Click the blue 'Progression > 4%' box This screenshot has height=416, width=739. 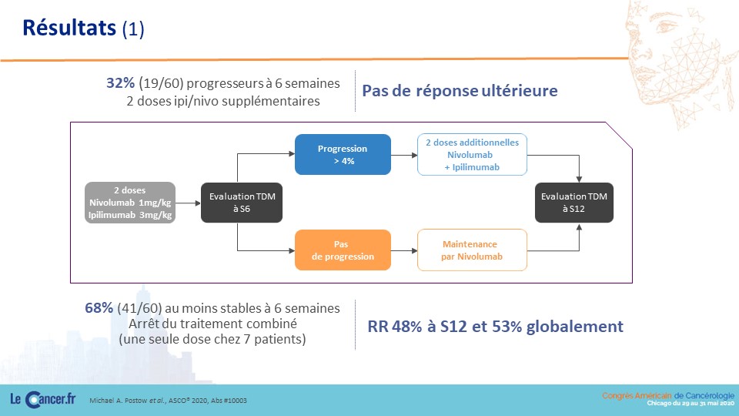pyautogui.click(x=343, y=155)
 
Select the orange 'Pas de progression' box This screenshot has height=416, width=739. pyautogui.click(x=343, y=250)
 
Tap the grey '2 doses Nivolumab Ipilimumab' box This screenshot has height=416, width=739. pyautogui.click(x=130, y=203)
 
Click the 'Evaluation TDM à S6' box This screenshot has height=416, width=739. pyautogui.click(x=242, y=203)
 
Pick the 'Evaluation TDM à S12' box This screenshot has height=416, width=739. pyautogui.click(x=574, y=203)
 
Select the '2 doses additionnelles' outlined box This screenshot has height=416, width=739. pyautogui.click(x=472, y=155)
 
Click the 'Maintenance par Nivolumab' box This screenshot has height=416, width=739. pyautogui.click(x=472, y=250)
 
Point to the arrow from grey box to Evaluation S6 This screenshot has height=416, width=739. pyautogui.click(x=188, y=203)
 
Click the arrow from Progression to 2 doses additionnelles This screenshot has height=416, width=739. pyautogui.click(x=404, y=155)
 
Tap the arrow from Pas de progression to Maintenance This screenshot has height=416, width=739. pyautogui.click(x=404, y=250)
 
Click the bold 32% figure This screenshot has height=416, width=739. pyautogui.click(x=120, y=83)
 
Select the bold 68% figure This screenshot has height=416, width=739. pyautogui.click(x=99, y=308)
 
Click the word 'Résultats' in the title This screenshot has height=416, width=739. pyautogui.click(x=69, y=28)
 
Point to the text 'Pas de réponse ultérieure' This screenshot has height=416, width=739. pyautogui.click(x=460, y=91)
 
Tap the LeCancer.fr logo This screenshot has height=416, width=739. pyautogui.click(x=42, y=400)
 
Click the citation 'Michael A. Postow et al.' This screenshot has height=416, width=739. pyautogui.click(x=127, y=401)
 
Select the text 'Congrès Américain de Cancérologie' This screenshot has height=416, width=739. pyautogui.click(x=668, y=396)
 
